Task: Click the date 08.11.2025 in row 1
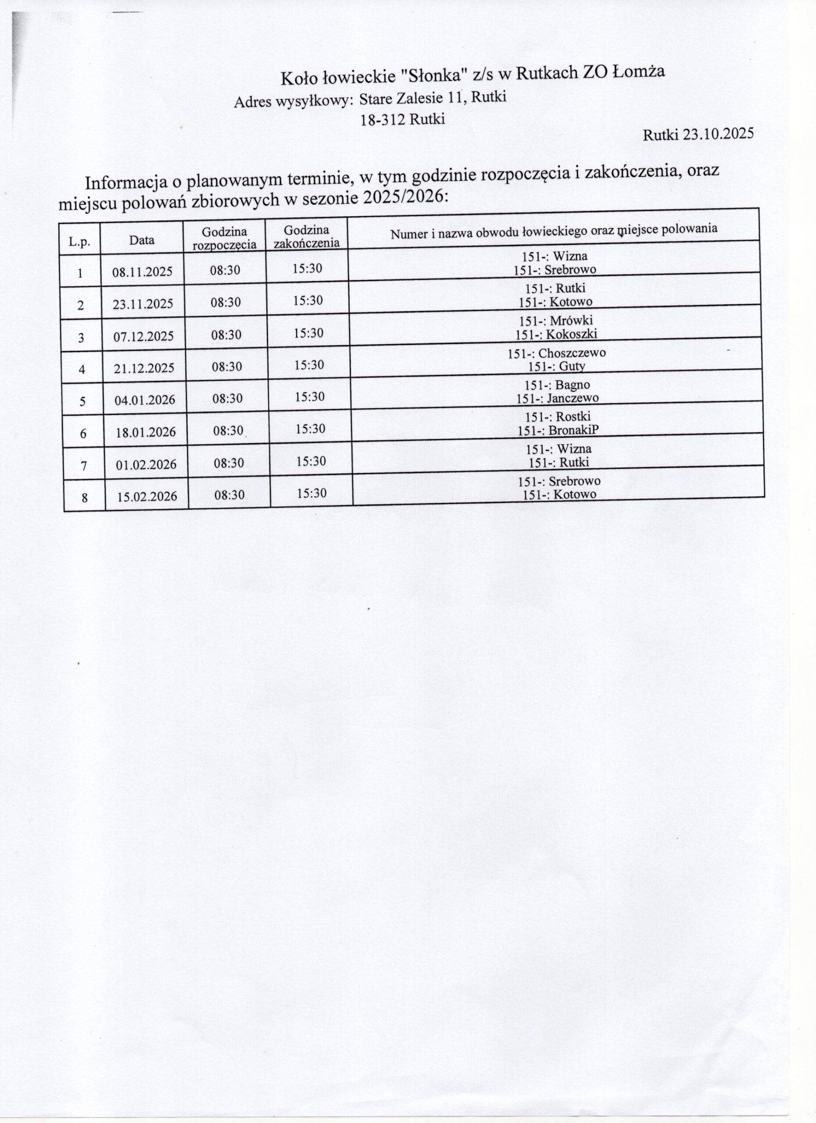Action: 142,272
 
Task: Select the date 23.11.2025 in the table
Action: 143,304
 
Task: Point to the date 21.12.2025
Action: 144,368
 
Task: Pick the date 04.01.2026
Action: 145,400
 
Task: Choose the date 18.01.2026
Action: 146,432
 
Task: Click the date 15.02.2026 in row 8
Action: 147,497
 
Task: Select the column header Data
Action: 142,240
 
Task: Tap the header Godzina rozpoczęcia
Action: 224,238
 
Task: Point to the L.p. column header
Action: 79,242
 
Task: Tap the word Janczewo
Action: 573,397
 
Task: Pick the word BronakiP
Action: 573,430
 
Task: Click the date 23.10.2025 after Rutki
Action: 718,134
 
